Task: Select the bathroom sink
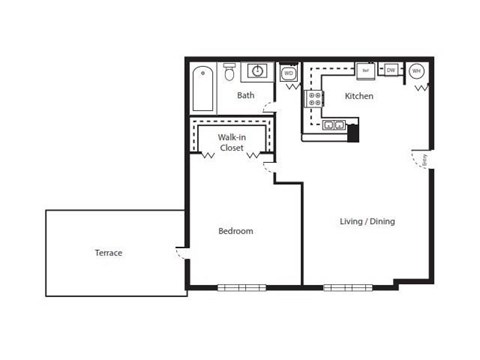tap(257, 72)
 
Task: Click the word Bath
tap(245, 96)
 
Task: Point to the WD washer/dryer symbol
tap(289, 73)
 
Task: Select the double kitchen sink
tap(334, 125)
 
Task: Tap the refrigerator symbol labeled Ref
tap(366, 71)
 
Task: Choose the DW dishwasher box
tap(392, 70)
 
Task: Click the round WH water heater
tap(417, 71)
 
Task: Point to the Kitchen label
tap(359, 97)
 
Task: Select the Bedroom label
tap(235, 232)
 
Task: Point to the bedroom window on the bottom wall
tap(242, 287)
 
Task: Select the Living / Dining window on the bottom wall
tap(347, 287)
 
